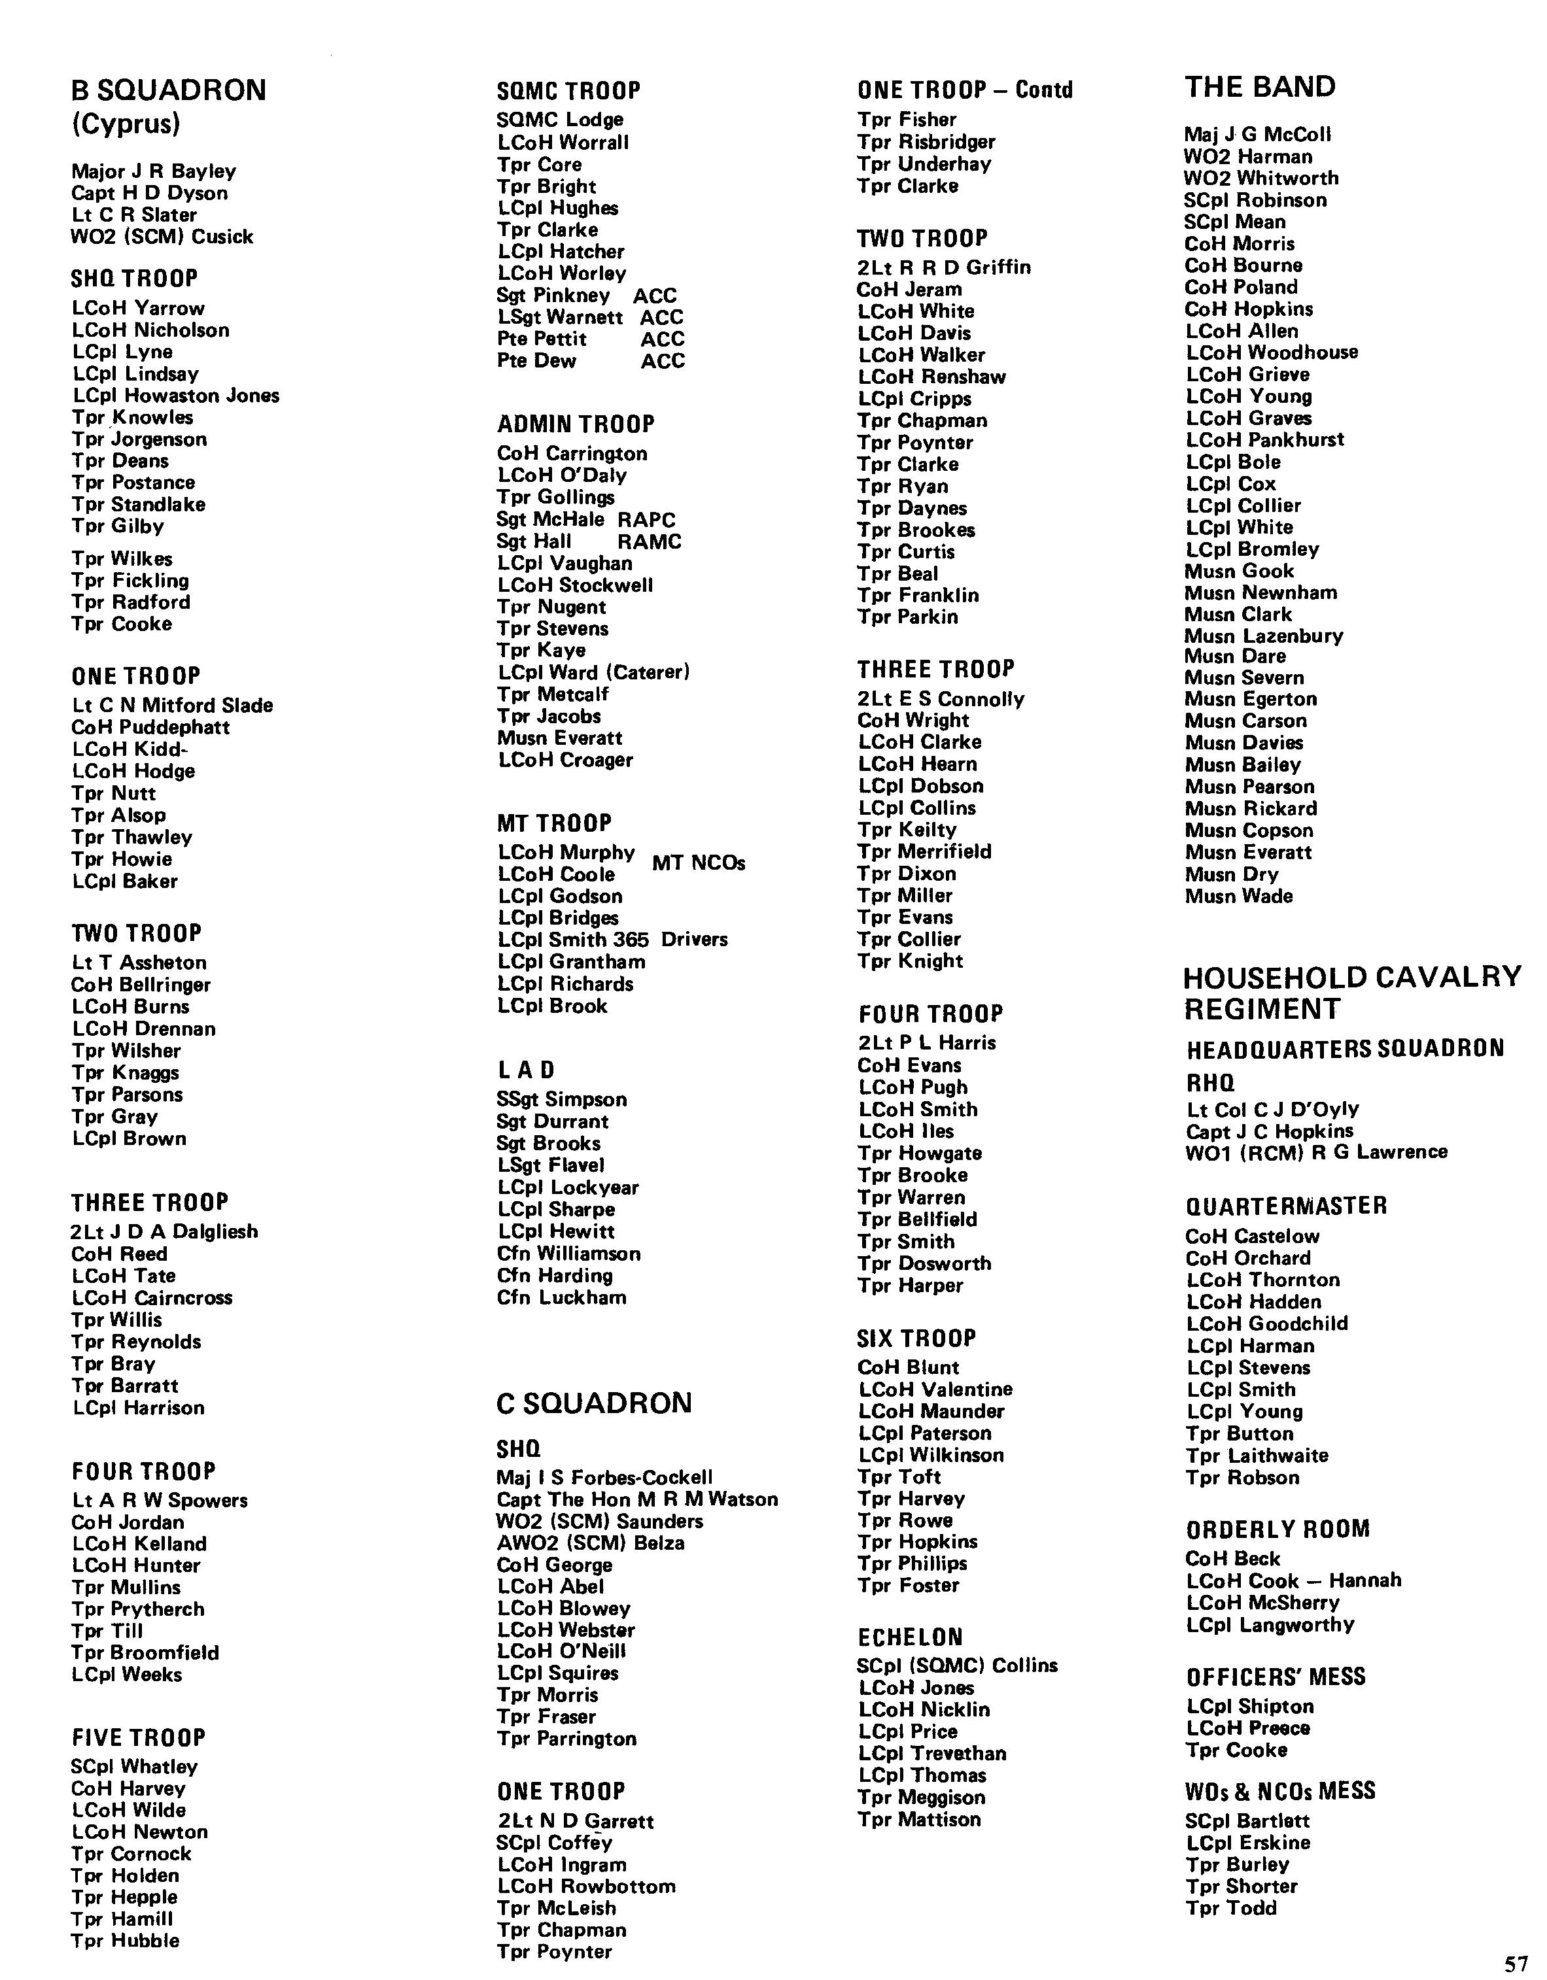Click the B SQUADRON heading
[169, 91]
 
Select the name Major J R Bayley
[153, 171]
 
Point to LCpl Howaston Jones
[176, 395]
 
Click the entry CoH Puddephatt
[150, 727]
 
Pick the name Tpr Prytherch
[138, 1609]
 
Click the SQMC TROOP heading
[568, 91]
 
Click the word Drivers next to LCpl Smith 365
[694, 939]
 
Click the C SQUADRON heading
[594, 1403]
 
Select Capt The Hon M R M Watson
[636, 1499]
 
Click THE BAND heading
[1260, 87]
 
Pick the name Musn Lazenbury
[1263, 636]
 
